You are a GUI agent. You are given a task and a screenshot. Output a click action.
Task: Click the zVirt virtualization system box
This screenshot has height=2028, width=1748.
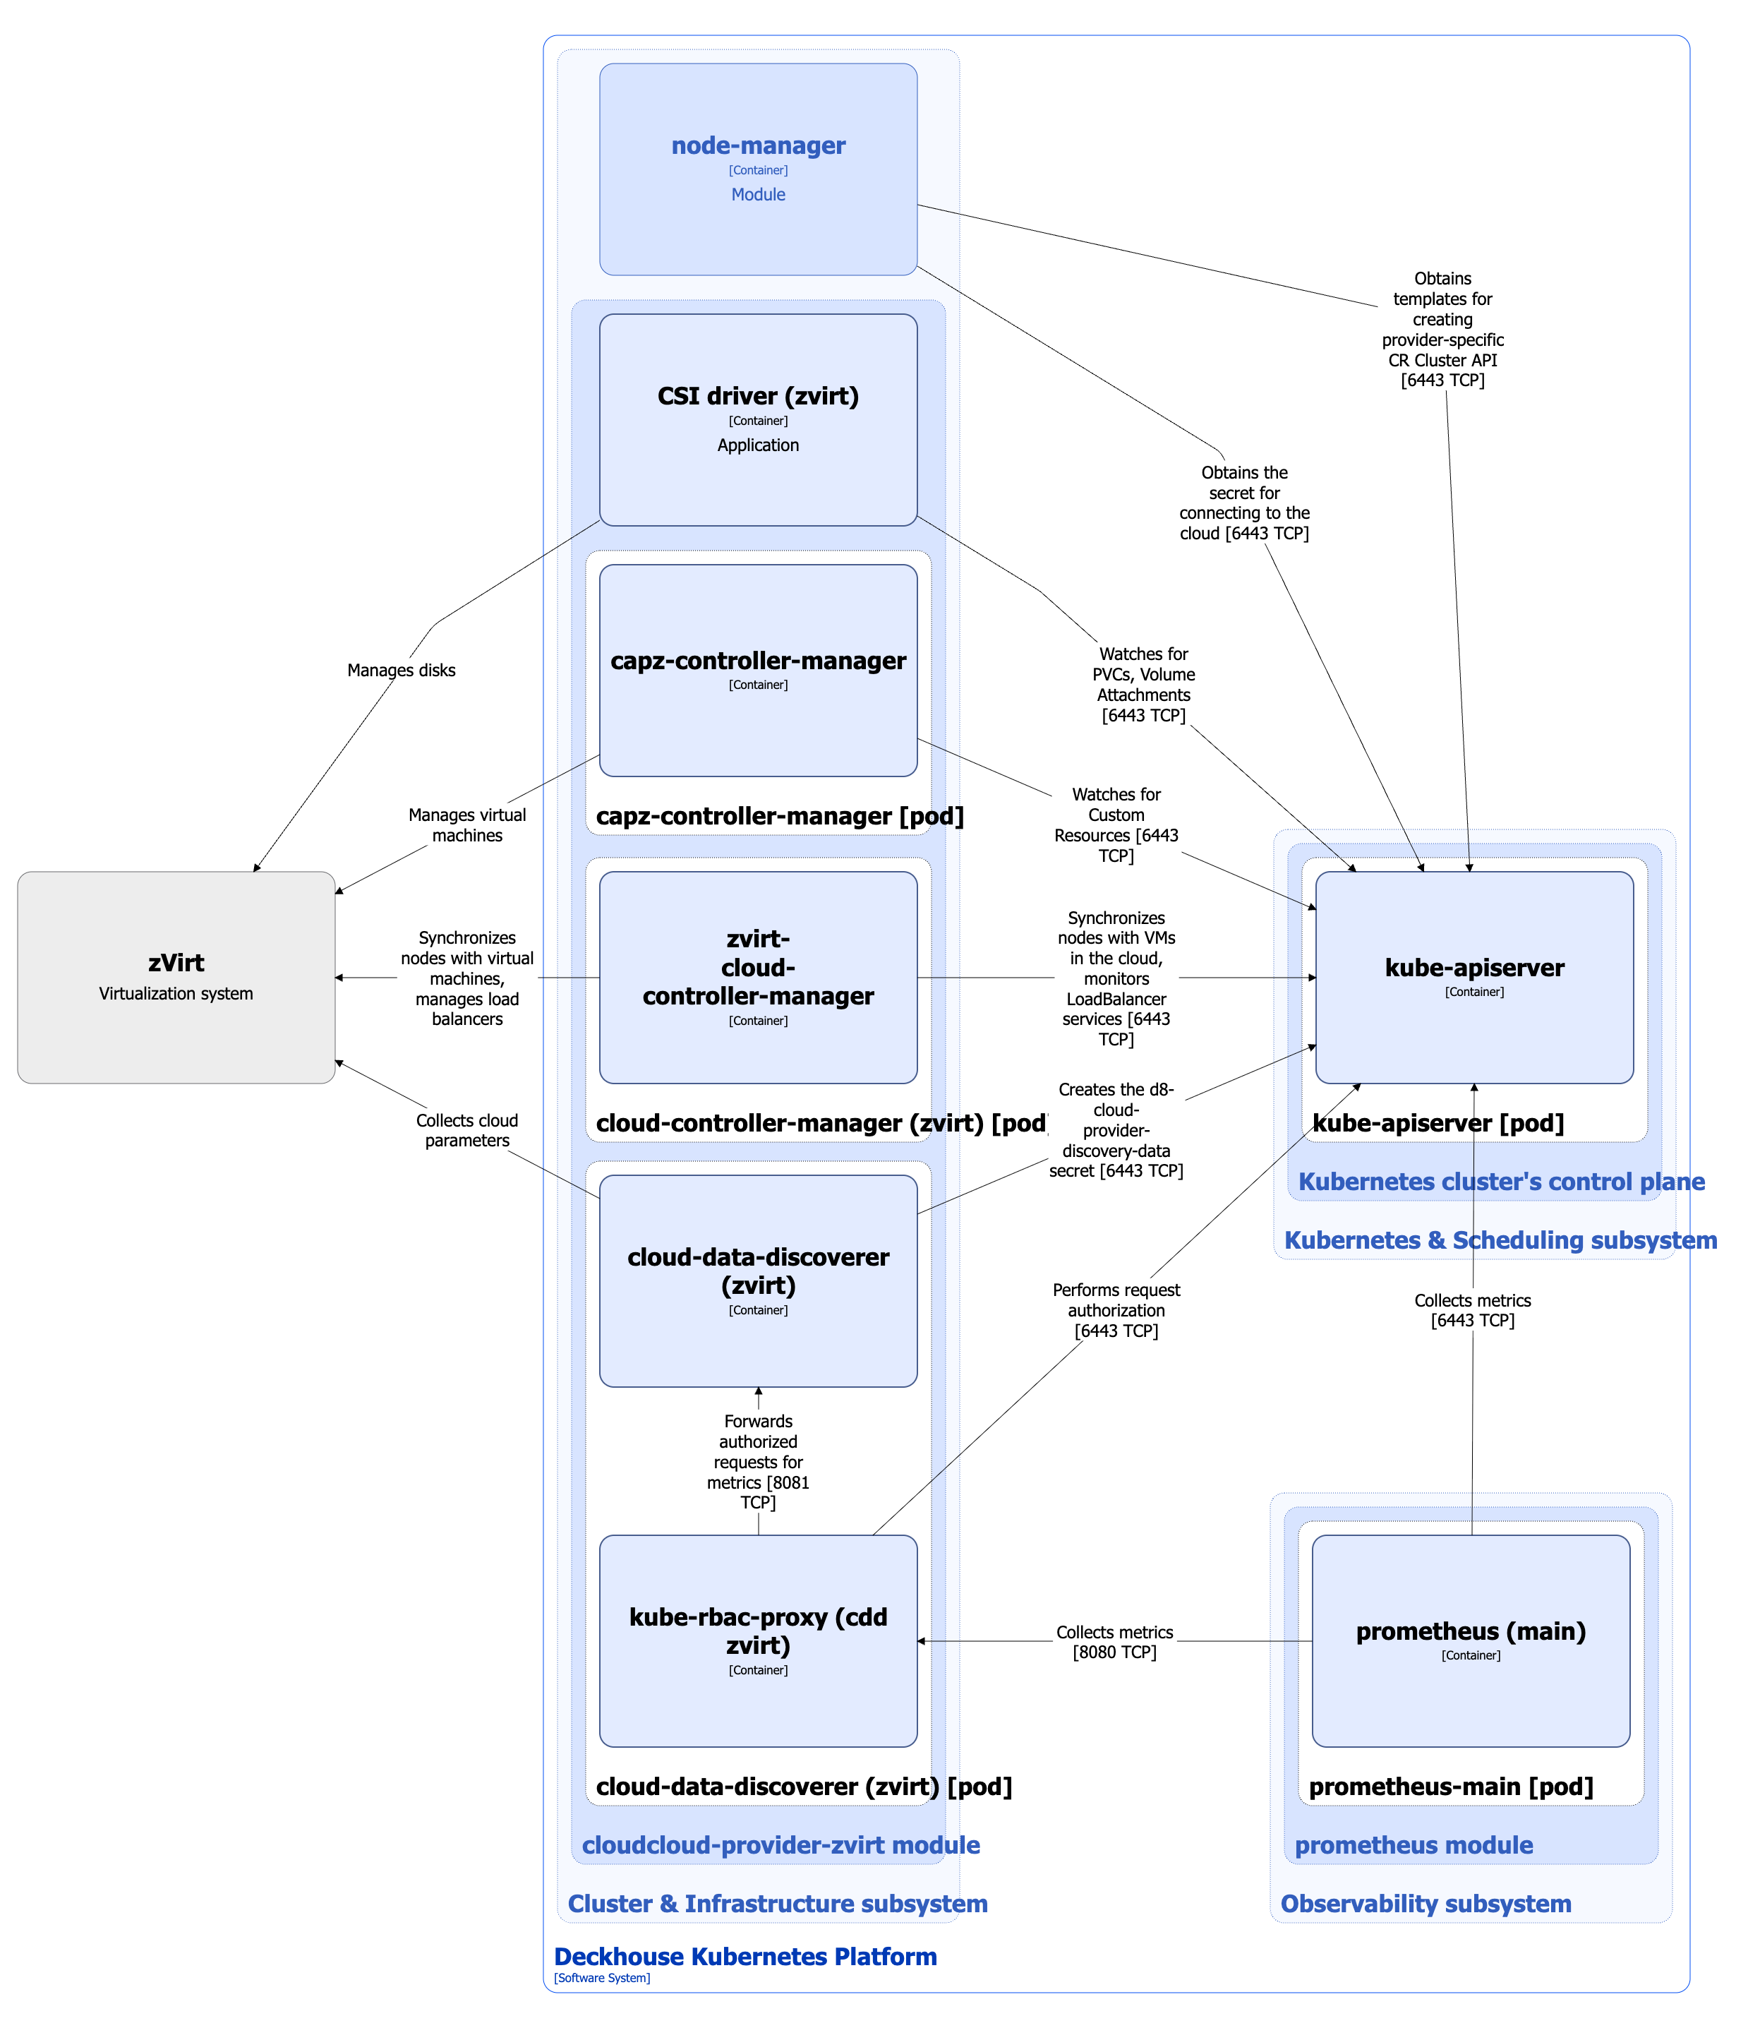click(x=176, y=977)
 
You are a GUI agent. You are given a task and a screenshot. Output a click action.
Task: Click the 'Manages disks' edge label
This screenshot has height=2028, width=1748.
click(x=402, y=671)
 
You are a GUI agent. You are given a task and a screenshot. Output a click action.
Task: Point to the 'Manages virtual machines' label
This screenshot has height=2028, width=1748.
click(x=467, y=825)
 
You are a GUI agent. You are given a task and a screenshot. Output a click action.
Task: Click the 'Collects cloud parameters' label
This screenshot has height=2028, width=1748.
click(x=467, y=1131)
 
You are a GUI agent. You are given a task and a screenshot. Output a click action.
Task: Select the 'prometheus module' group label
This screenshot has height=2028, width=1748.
click(x=1414, y=1845)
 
